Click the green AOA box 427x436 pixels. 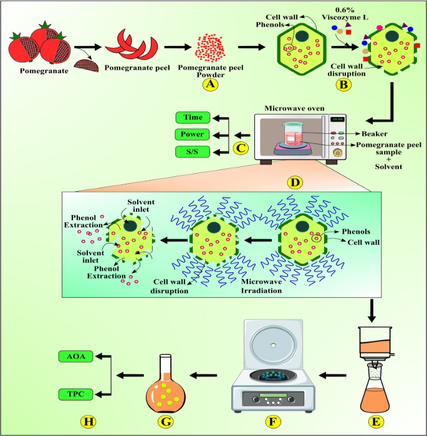tap(76, 357)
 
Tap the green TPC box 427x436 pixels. tap(76, 394)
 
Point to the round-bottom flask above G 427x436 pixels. tap(165, 386)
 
